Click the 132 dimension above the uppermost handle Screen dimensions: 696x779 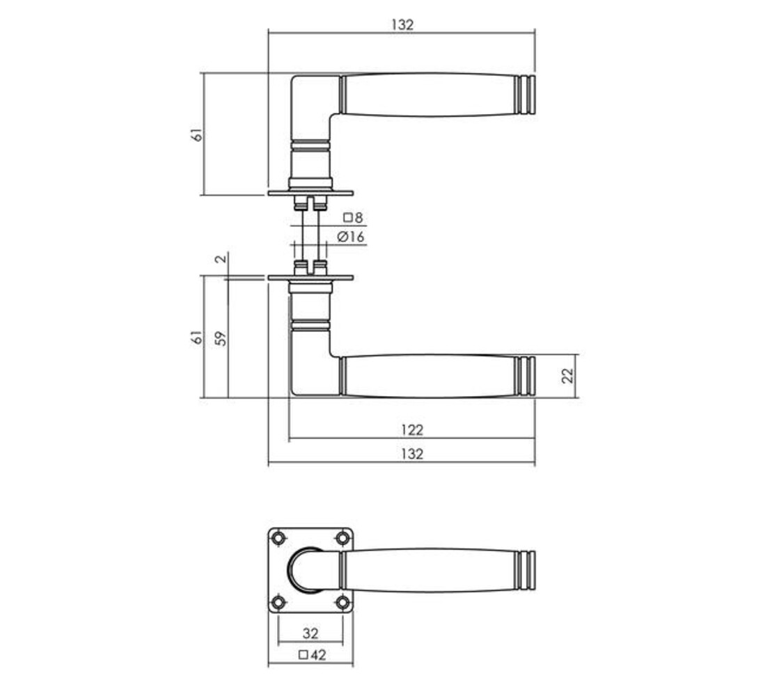click(402, 24)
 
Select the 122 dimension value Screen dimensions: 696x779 click(412, 430)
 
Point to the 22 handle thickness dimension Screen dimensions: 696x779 click(567, 376)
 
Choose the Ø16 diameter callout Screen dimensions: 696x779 click(350, 237)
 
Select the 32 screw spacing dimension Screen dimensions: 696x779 click(310, 633)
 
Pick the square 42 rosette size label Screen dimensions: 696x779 click(311, 654)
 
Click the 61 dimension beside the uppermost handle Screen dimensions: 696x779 click(198, 134)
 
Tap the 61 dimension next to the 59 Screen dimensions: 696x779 click(198, 338)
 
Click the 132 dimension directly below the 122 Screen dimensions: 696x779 click(412, 454)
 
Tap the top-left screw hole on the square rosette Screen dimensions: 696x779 click(279, 538)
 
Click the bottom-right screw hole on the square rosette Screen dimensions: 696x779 click(342, 601)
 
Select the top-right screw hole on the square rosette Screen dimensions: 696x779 click(342, 538)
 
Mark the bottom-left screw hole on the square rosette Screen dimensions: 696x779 click(279, 601)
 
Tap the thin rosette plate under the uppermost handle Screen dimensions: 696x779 click(310, 193)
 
